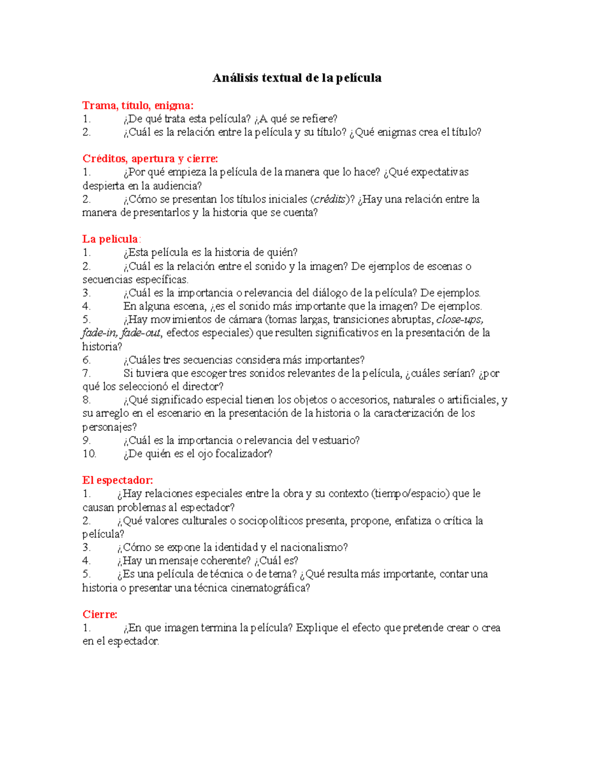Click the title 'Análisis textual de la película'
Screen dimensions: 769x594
pyautogui.click(x=297, y=78)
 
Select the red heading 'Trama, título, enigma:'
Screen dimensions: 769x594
pyautogui.click(x=138, y=105)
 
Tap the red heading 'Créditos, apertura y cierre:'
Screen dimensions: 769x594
pyautogui.click(x=150, y=158)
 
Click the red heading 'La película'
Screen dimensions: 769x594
pyautogui.click(x=110, y=239)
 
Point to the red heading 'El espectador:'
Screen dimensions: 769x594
pyautogui.click(x=118, y=480)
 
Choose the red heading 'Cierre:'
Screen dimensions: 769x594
pyautogui.click(x=100, y=615)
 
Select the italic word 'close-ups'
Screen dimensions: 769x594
pyautogui.click(x=459, y=319)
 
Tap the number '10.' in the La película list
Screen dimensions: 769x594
pyautogui.click(x=89, y=454)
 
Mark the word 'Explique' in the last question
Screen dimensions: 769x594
pyautogui.click(x=317, y=628)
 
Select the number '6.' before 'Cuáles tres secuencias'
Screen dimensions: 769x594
pyautogui.click(x=87, y=360)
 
